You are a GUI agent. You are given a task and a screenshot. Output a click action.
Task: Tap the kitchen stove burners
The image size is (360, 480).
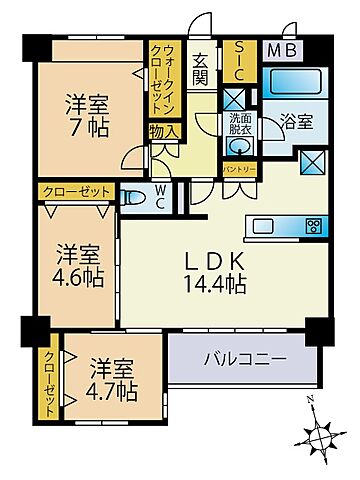point(313,223)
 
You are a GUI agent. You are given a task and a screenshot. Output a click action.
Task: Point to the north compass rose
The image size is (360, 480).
point(320,436)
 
